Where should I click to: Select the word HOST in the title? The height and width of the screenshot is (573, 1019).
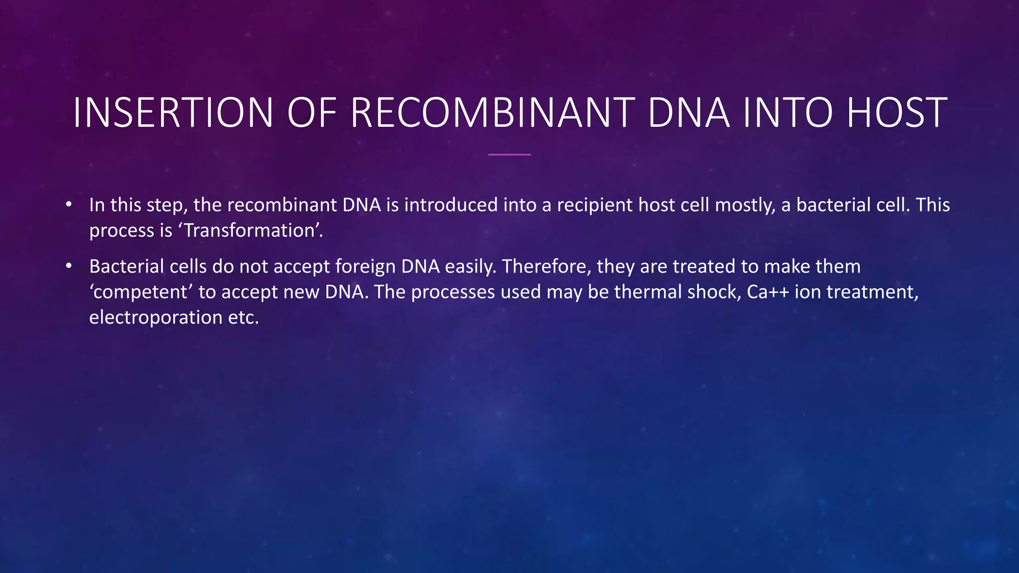(897, 112)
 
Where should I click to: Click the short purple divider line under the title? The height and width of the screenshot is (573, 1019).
(509, 155)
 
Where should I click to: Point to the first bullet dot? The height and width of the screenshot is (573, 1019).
(69, 204)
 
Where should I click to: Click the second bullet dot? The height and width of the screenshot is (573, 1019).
(69, 266)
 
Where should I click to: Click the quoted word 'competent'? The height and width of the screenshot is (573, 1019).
(141, 292)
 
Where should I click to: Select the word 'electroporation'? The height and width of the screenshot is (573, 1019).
(156, 318)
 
